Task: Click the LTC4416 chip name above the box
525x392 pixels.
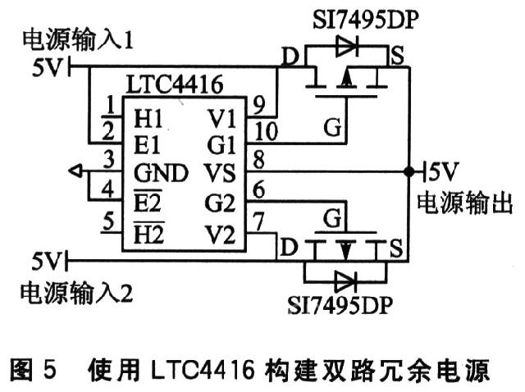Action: pyautogui.click(x=175, y=84)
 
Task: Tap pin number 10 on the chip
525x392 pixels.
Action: pyautogui.click(x=266, y=131)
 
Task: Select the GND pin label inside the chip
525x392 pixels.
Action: pyautogui.click(x=161, y=173)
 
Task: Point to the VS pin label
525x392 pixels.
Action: pyautogui.click(x=220, y=173)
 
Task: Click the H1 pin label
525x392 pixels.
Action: pyautogui.click(x=148, y=118)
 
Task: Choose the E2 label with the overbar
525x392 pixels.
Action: pyautogui.click(x=148, y=202)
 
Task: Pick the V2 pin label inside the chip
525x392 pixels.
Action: pyautogui.click(x=220, y=234)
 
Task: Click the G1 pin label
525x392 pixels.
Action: pyautogui.click(x=221, y=145)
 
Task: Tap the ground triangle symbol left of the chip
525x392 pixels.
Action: pyautogui.click(x=76, y=171)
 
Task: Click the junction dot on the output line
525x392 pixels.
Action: pyautogui.click(x=409, y=171)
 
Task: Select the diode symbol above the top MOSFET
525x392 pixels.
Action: pyautogui.click(x=346, y=47)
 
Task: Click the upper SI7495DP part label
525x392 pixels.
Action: pyautogui.click(x=366, y=20)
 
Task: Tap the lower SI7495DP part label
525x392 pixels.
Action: pyautogui.click(x=340, y=304)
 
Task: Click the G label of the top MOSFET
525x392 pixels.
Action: pyautogui.click(x=332, y=127)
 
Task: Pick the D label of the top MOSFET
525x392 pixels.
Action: pyautogui.click(x=290, y=57)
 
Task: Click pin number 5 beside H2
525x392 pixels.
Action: pyautogui.click(x=108, y=221)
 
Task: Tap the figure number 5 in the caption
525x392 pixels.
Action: pyautogui.click(x=49, y=369)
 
